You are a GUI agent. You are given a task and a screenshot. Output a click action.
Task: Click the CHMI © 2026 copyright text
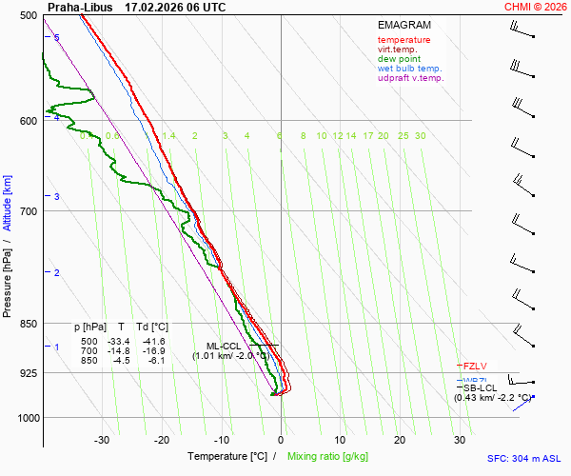pos(536,7)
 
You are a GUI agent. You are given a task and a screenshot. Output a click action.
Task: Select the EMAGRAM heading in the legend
pos(404,24)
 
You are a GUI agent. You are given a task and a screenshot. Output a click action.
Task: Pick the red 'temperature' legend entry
pos(404,40)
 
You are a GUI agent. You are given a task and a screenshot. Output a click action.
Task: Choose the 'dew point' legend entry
pos(399,59)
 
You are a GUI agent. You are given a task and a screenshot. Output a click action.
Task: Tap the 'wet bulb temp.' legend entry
pos(409,69)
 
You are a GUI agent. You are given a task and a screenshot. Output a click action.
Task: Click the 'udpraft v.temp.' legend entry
pos(410,78)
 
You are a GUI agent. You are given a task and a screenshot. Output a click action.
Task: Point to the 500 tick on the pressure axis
pos(28,16)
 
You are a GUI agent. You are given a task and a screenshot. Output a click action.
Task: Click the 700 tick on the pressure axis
pos(28,210)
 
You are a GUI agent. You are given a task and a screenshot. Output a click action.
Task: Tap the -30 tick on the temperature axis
pos(102,440)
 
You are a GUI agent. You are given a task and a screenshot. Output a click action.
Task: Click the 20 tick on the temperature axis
pos(400,440)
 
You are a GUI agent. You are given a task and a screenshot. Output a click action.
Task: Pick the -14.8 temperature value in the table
pos(121,350)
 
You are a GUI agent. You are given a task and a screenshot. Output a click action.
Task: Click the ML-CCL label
pos(226,346)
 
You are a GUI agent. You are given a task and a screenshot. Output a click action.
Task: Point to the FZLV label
pos(475,366)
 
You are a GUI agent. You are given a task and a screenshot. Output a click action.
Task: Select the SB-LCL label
pos(480,387)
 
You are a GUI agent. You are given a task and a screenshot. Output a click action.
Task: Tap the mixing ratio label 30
pos(420,136)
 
